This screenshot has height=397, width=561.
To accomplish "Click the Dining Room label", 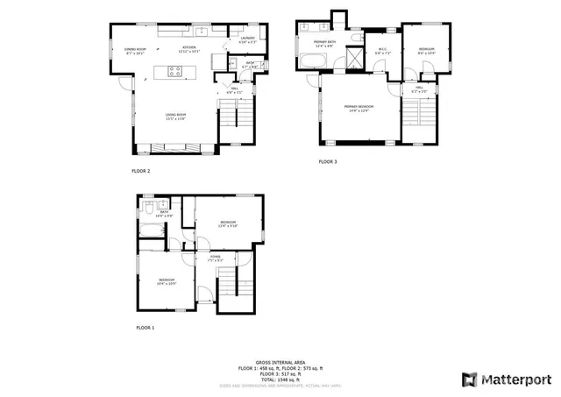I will coord(134,50).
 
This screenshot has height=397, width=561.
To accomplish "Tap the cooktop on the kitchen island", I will coord(174,73).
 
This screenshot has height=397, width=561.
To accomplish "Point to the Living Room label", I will coord(176,116).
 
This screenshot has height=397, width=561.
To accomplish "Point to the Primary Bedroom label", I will coord(359,107).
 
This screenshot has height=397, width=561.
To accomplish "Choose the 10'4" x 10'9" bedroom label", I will coord(167,281).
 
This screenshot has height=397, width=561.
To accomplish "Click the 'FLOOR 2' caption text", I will coord(141,171).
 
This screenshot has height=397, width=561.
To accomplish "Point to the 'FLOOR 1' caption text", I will coord(145,327).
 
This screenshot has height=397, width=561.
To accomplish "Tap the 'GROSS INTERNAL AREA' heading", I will coord(280,361).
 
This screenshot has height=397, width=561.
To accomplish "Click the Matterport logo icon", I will coord(469,379).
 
